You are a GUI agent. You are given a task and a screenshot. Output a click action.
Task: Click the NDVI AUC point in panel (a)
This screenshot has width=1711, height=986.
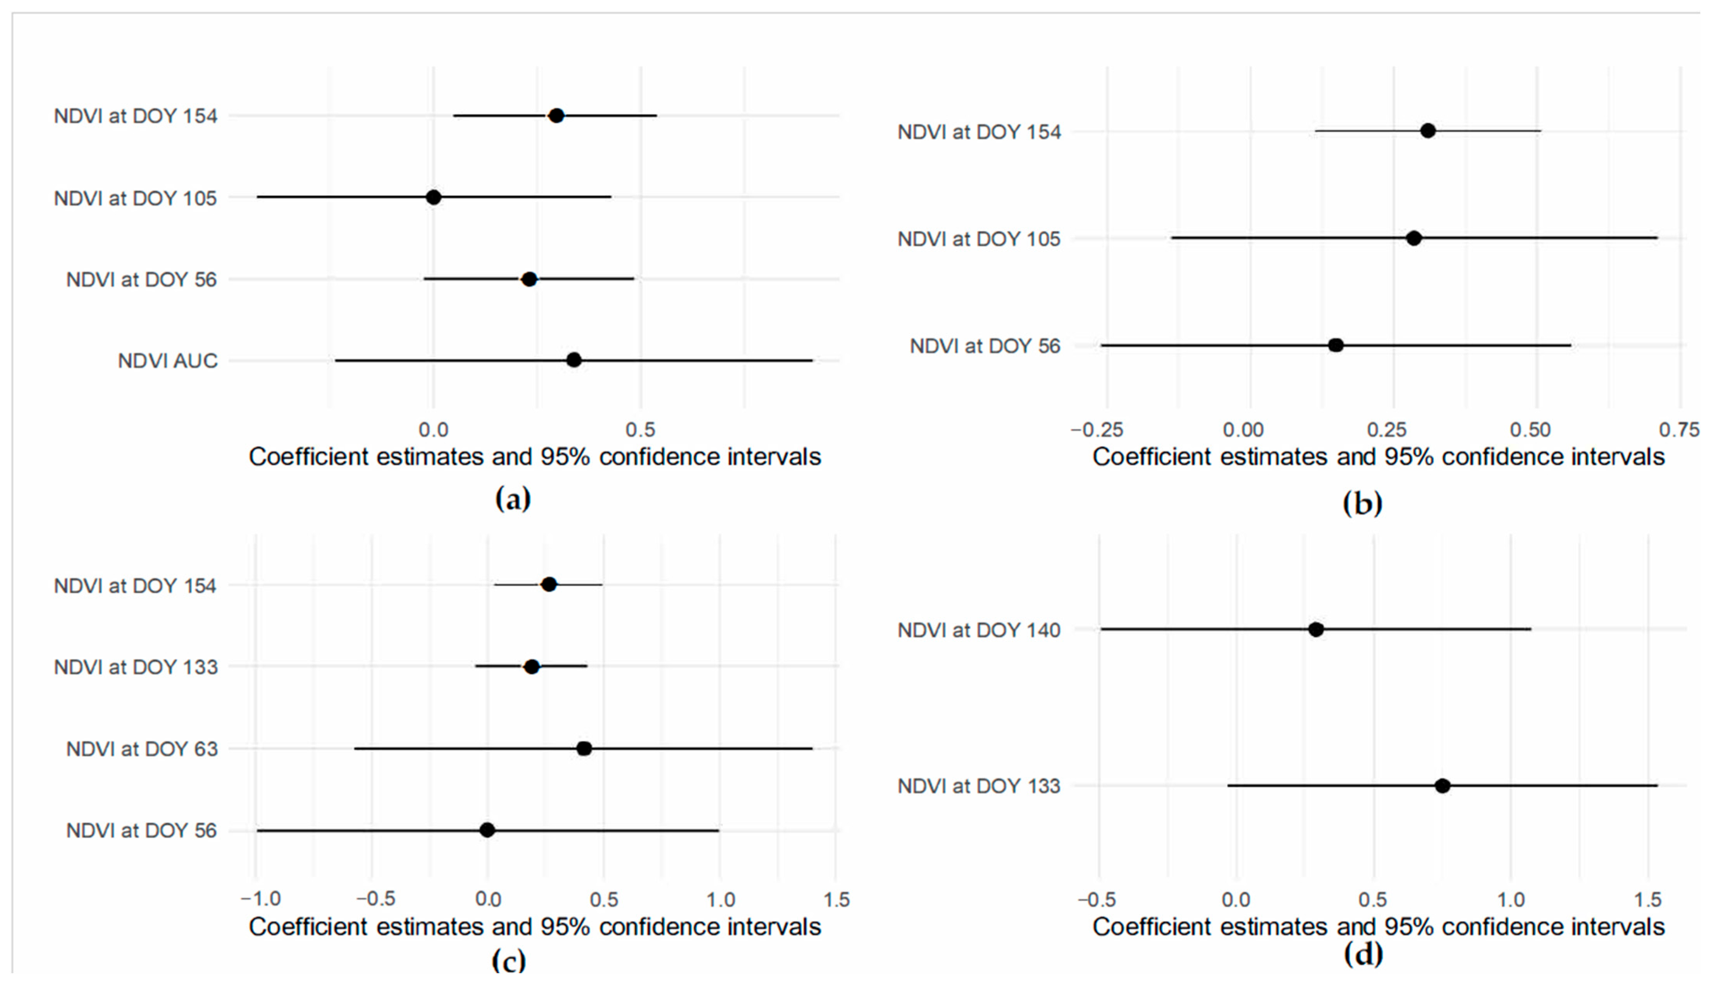[x=573, y=360]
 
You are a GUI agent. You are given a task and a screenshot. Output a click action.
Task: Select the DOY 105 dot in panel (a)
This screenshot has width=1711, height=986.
[x=433, y=198]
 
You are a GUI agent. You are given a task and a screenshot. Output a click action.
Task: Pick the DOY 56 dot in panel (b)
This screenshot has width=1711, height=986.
[x=1335, y=345]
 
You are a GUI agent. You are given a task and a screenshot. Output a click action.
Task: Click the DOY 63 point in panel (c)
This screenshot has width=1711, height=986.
[x=584, y=748]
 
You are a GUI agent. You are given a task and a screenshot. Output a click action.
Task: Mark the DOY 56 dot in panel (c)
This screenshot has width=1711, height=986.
[x=487, y=829]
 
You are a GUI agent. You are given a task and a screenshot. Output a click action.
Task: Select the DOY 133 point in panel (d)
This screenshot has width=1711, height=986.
[x=1442, y=786]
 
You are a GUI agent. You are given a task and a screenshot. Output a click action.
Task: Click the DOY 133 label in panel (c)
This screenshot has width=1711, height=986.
[x=136, y=668]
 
